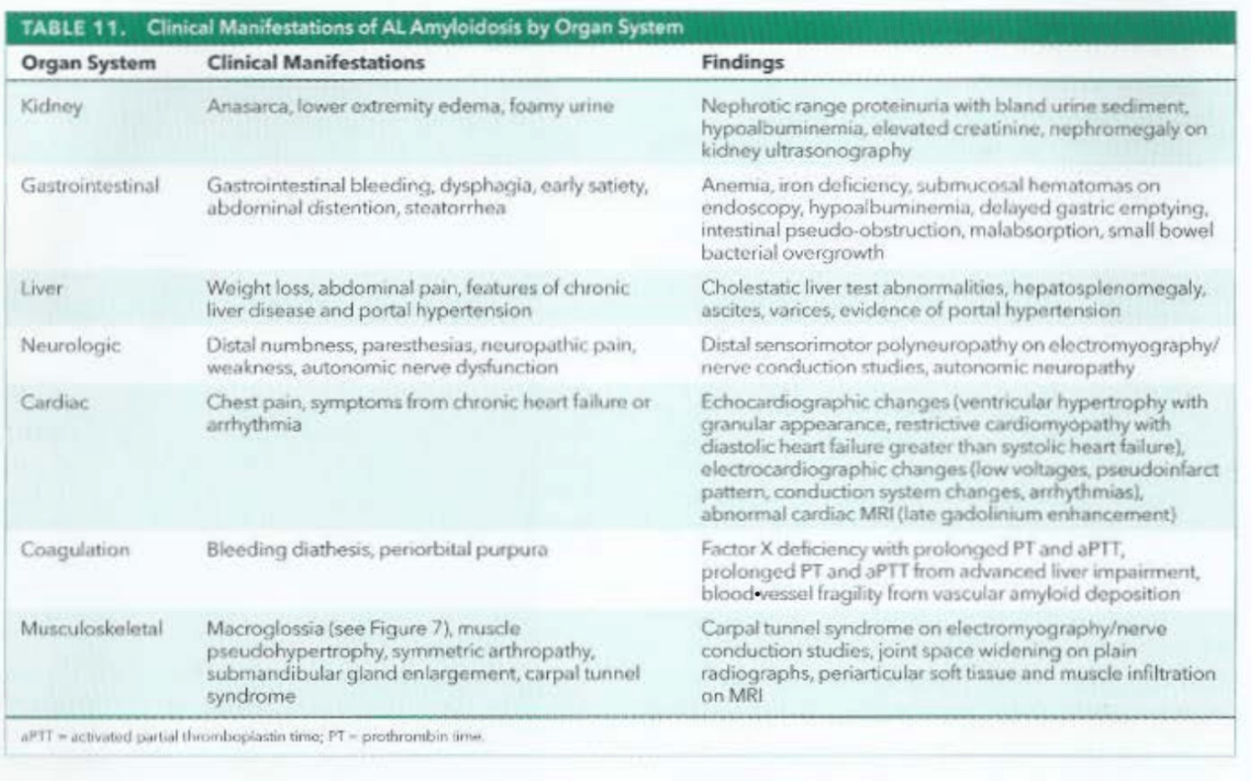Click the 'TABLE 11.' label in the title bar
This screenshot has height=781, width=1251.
pyautogui.click(x=71, y=30)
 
